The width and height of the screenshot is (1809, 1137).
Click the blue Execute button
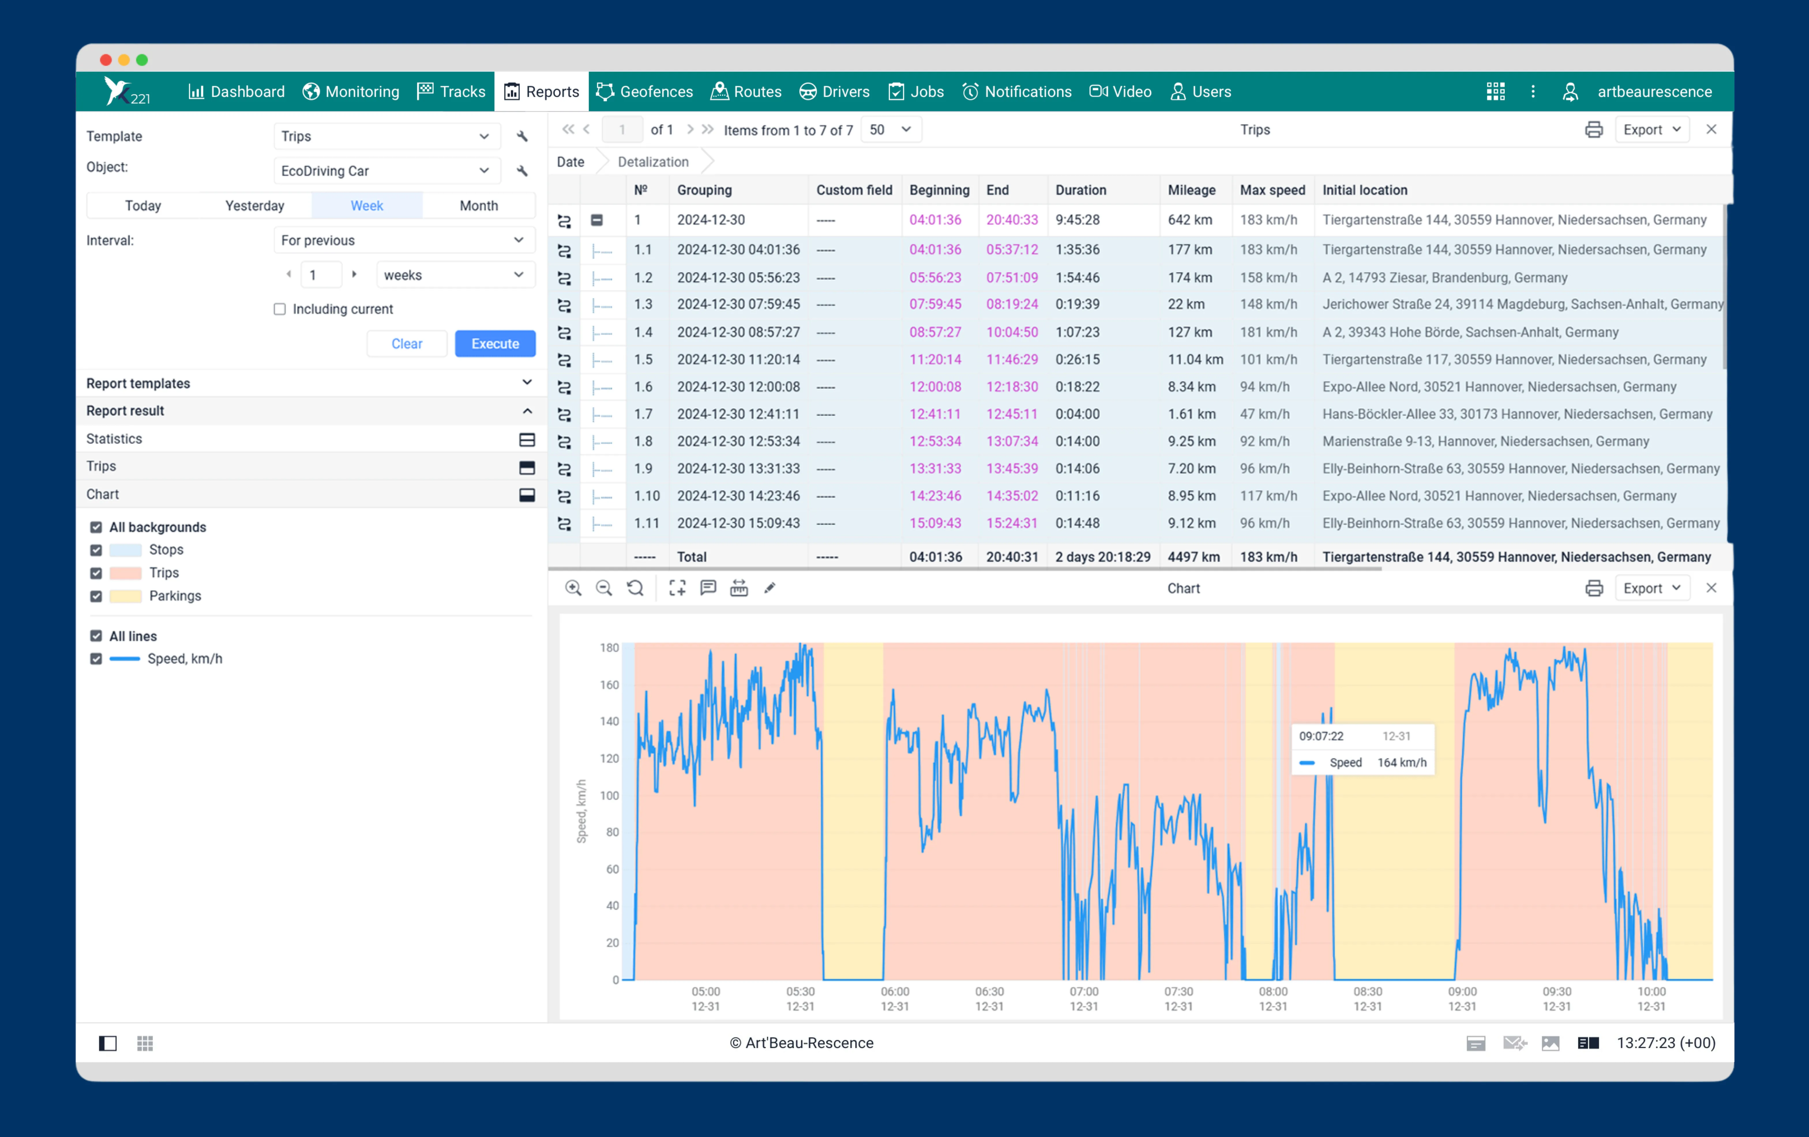tap(495, 343)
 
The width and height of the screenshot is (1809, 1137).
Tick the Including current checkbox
tap(279, 309)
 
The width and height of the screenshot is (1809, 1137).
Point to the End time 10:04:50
tap(1012, 332)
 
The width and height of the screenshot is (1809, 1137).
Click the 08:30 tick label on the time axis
tap(1367, 992)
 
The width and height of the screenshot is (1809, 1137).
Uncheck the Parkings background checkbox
tap(96, 596)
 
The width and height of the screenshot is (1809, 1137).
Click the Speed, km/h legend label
tap(185, 659)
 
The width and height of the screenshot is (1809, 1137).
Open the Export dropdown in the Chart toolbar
tap(1651, 589)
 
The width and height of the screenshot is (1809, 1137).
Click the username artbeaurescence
tap(1654, 92)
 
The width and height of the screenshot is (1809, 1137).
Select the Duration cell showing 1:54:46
tap(1077, 277)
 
